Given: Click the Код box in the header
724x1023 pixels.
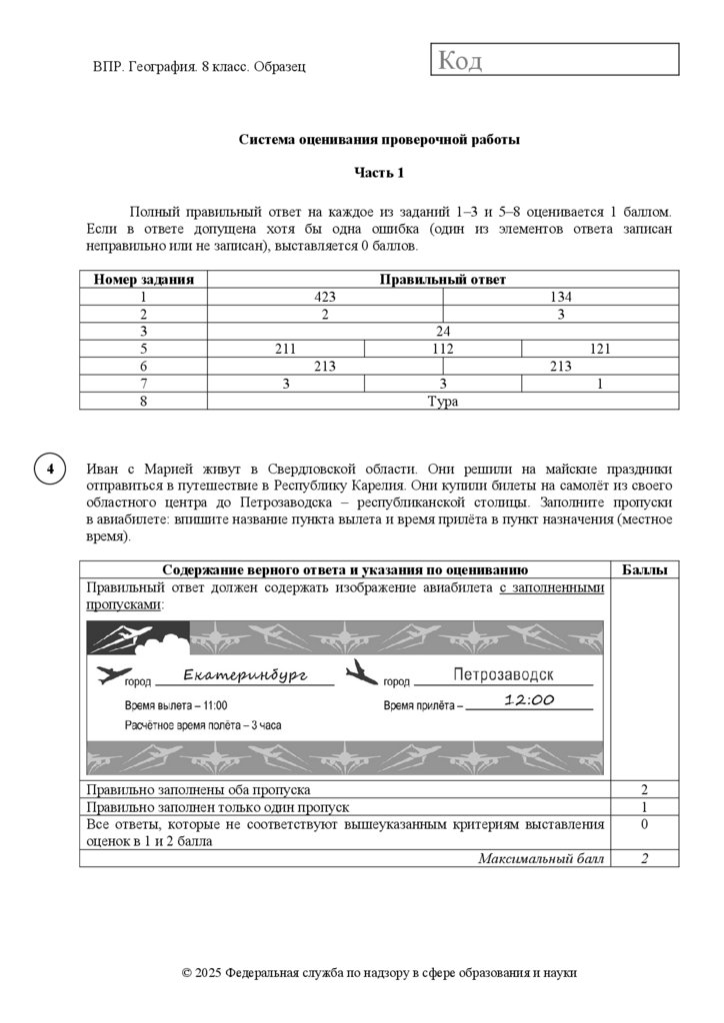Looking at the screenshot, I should (554, 60).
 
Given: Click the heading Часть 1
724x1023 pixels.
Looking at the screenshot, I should (379, 173).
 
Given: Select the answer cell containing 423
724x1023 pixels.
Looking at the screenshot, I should (325, 297).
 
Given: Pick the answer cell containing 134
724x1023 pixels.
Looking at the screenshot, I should (560, 297).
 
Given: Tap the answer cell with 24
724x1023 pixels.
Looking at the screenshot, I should (443, 331).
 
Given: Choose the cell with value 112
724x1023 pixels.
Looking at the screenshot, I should (443, 349).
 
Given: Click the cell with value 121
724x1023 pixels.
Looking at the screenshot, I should (600, 349).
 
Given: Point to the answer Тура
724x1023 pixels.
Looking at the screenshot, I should (442, 401).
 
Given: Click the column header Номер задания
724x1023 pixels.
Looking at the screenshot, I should (143, 280).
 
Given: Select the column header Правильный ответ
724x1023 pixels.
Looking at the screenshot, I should (442, 280).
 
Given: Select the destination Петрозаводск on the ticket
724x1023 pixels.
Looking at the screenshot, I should (503, 675).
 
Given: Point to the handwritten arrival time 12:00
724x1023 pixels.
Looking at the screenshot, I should (529, 700).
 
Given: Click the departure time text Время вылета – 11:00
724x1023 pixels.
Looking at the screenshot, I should (175, 704).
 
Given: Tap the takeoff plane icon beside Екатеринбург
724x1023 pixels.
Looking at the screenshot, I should (113, 676).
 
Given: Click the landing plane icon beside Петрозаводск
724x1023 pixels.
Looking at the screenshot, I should (361, 672).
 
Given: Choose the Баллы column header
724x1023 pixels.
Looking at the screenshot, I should (644, 569).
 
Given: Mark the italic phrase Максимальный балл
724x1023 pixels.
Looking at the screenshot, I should (541, 858).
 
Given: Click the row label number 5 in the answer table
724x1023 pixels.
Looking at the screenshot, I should (143, 349).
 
